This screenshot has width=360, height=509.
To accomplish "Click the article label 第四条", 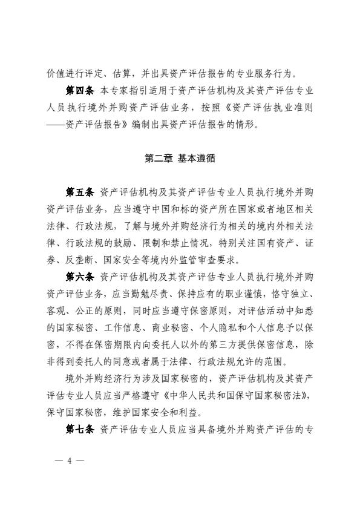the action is [x=79, y=90].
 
